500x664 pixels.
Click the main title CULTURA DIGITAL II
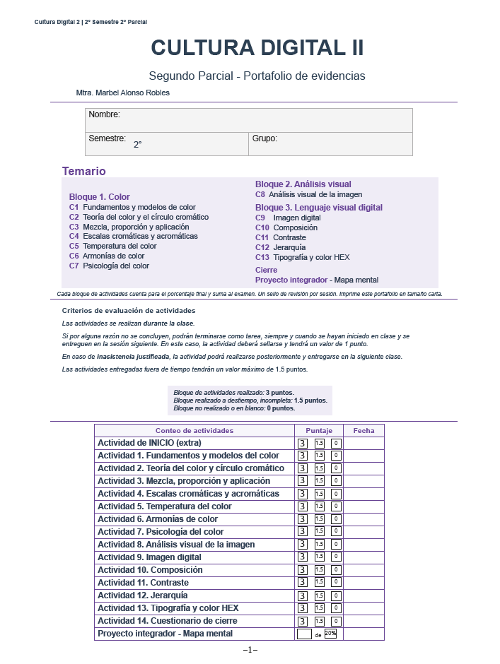(x=257, y=48)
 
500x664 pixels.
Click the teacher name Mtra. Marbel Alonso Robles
(x=122, y=93)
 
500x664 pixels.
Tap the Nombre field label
(x=104, y=114)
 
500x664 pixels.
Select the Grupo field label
(x=264, y=138)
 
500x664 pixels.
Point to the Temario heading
(x=83, y=171)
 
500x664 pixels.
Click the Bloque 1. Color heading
(x=99, y=197)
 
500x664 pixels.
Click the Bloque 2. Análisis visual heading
(x=303, y=184)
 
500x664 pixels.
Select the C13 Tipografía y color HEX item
(x=302, y=257)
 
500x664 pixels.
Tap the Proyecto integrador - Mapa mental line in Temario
(x=316, y=280)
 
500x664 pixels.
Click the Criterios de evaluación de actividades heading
(x=129, y=310)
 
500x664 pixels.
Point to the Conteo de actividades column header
(x=194, y=430)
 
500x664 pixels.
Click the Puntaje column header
(x=318, y=430)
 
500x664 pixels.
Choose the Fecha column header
(x=364, y=430)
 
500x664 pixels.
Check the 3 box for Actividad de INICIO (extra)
(x=303, y=443)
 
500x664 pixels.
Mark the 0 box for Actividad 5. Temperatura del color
(x=336, y=506)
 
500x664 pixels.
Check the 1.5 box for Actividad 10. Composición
(x=320, y=570)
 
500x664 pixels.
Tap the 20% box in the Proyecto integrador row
(x=330, y=634)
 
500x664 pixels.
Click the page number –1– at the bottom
(x=250, y=650)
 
